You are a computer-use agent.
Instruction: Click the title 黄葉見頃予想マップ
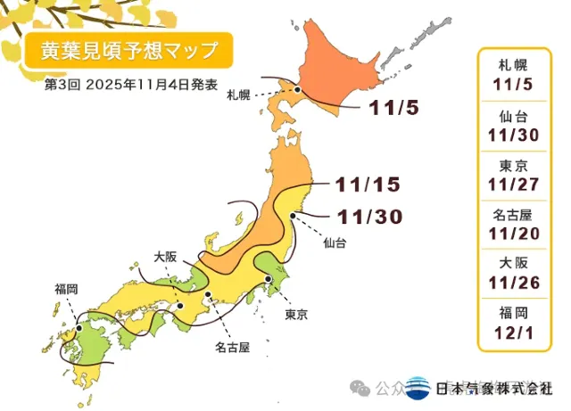point(124,50)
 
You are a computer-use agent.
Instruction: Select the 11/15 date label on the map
point(368,185)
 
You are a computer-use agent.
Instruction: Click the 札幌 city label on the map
point(238,94)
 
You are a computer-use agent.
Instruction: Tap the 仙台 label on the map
point(335,242)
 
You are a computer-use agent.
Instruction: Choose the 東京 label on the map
point(296,315)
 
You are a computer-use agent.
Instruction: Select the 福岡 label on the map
point(66,288)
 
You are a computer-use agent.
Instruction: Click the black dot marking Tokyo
point(268,280)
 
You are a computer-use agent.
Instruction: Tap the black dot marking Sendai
point(295,214)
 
